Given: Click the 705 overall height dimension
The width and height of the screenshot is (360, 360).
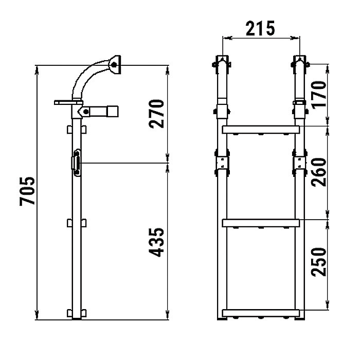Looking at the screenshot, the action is pyautogui.click(x=27, y=191).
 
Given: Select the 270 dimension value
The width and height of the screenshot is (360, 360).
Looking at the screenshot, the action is pyautogui.click(x=156, y=114).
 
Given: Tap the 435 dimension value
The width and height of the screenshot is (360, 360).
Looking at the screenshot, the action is pyautogui.click(x=156, y=242).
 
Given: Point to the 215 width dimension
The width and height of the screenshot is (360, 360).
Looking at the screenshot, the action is pyautogui.click(x=260, y=28).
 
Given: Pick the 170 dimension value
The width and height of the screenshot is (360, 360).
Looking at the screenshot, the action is pyautogui.click(x=319, y=94).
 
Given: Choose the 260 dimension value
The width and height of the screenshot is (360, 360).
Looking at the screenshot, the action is pyautogui.click(x=319, y=172).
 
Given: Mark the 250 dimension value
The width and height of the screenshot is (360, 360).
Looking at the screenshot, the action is pyautogui.click(x=319, y=262).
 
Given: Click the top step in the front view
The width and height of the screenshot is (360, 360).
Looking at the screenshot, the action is pyautogui.click(x=261, y=130).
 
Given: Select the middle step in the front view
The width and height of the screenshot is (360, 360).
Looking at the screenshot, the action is pyautogui.click(x=261, y=223).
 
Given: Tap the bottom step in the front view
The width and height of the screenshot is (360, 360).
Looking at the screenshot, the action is pyautogui.click(x=261, y=313).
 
